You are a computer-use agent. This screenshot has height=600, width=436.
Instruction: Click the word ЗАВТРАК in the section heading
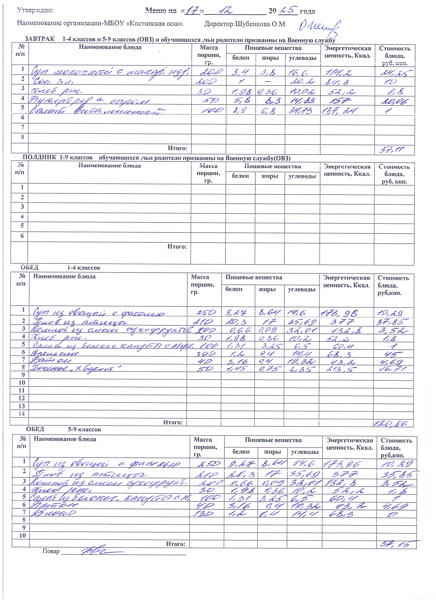(39, 39)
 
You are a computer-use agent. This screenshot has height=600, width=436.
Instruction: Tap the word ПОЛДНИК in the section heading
(39, 158)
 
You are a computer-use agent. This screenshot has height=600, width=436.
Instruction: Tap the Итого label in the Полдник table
(177, 247)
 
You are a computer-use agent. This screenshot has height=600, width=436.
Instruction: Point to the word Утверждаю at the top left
(35, 10)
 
